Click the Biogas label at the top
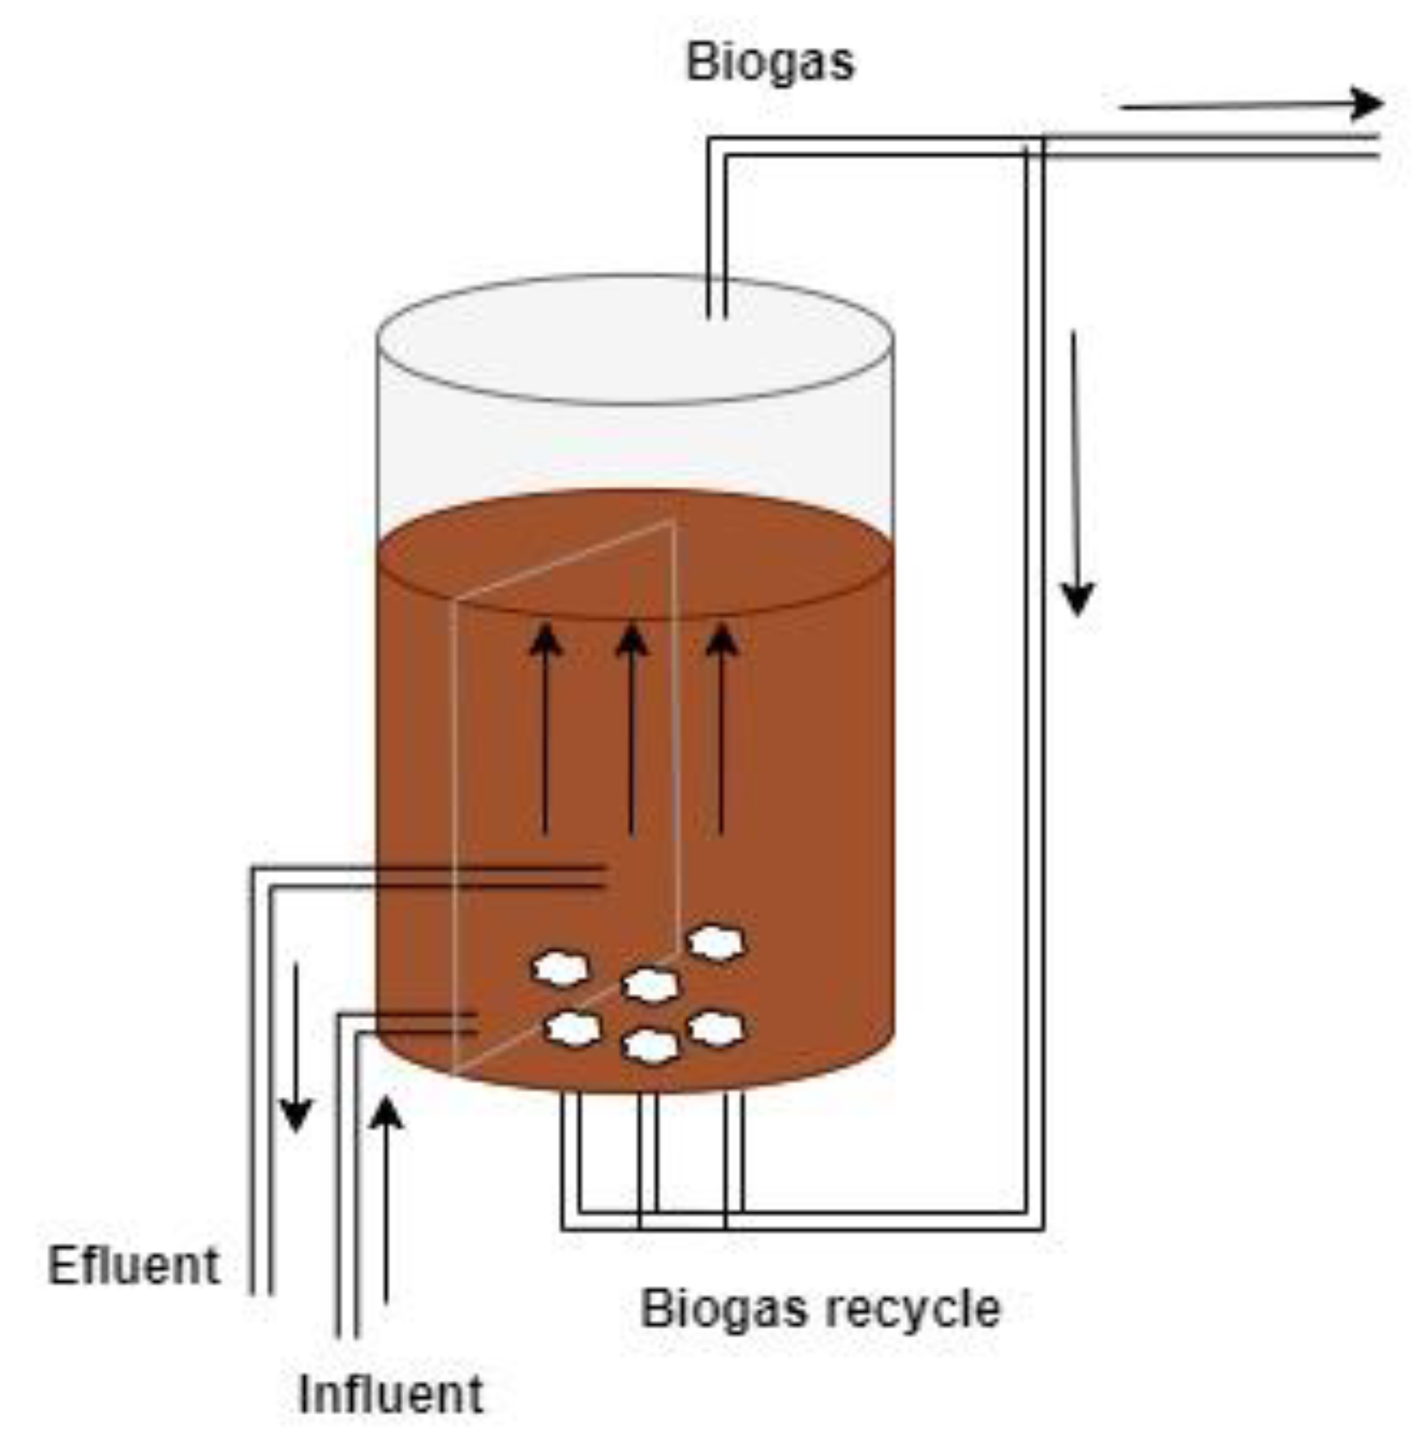tap(770, 63)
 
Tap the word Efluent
tap(134, 1265)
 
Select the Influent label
tap(391, 1393)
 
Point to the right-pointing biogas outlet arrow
tap(1250, 105)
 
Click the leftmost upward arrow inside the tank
tap(546, 730)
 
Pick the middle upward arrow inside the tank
tap(632, 730)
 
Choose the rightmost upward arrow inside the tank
tap(720, 730)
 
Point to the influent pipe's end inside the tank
tap(475, 1022)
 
